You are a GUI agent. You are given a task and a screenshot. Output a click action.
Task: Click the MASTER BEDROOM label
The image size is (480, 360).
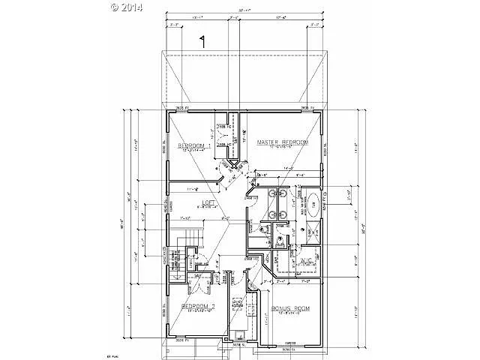pyautogui.click(x=283, y=142)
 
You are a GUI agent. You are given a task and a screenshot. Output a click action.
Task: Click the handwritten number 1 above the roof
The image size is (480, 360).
pyautogui.click(x=202, y=41)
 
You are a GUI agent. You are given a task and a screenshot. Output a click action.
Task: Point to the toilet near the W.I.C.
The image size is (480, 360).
pyautogui.click(x=279, y=241)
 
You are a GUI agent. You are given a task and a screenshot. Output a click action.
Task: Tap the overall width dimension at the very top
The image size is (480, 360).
pyautogui.click(x=244, y=10)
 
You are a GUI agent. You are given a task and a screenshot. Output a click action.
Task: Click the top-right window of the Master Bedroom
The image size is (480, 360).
pyautogui.click(x=307, y=110)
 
